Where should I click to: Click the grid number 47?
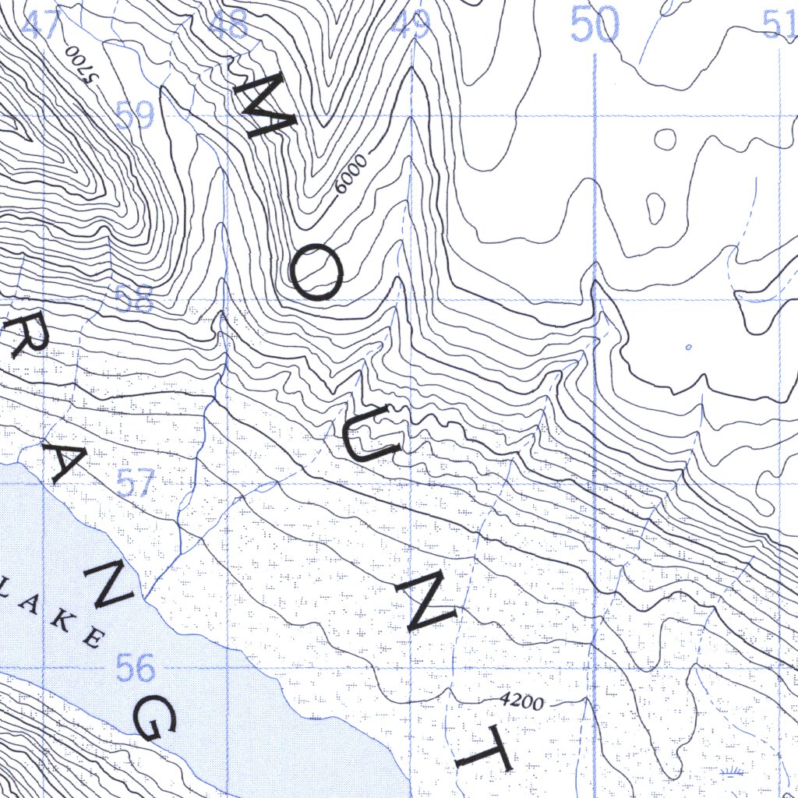[x=41, y=26]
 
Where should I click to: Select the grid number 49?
[x=411, y=26]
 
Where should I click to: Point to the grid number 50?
[x=595, y=25]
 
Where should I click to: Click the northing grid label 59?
[x=134, y=116]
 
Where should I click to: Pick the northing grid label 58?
[x=134, y=300]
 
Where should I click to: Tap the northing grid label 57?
[x=135, y=485]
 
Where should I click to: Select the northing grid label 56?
[x=135, y=668]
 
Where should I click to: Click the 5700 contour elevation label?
[x=81, y=65]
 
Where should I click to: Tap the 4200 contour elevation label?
[x=521, y=702]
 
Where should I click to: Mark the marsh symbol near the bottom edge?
[x=732, y=773]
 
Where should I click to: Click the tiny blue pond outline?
[x=688, y=346]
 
